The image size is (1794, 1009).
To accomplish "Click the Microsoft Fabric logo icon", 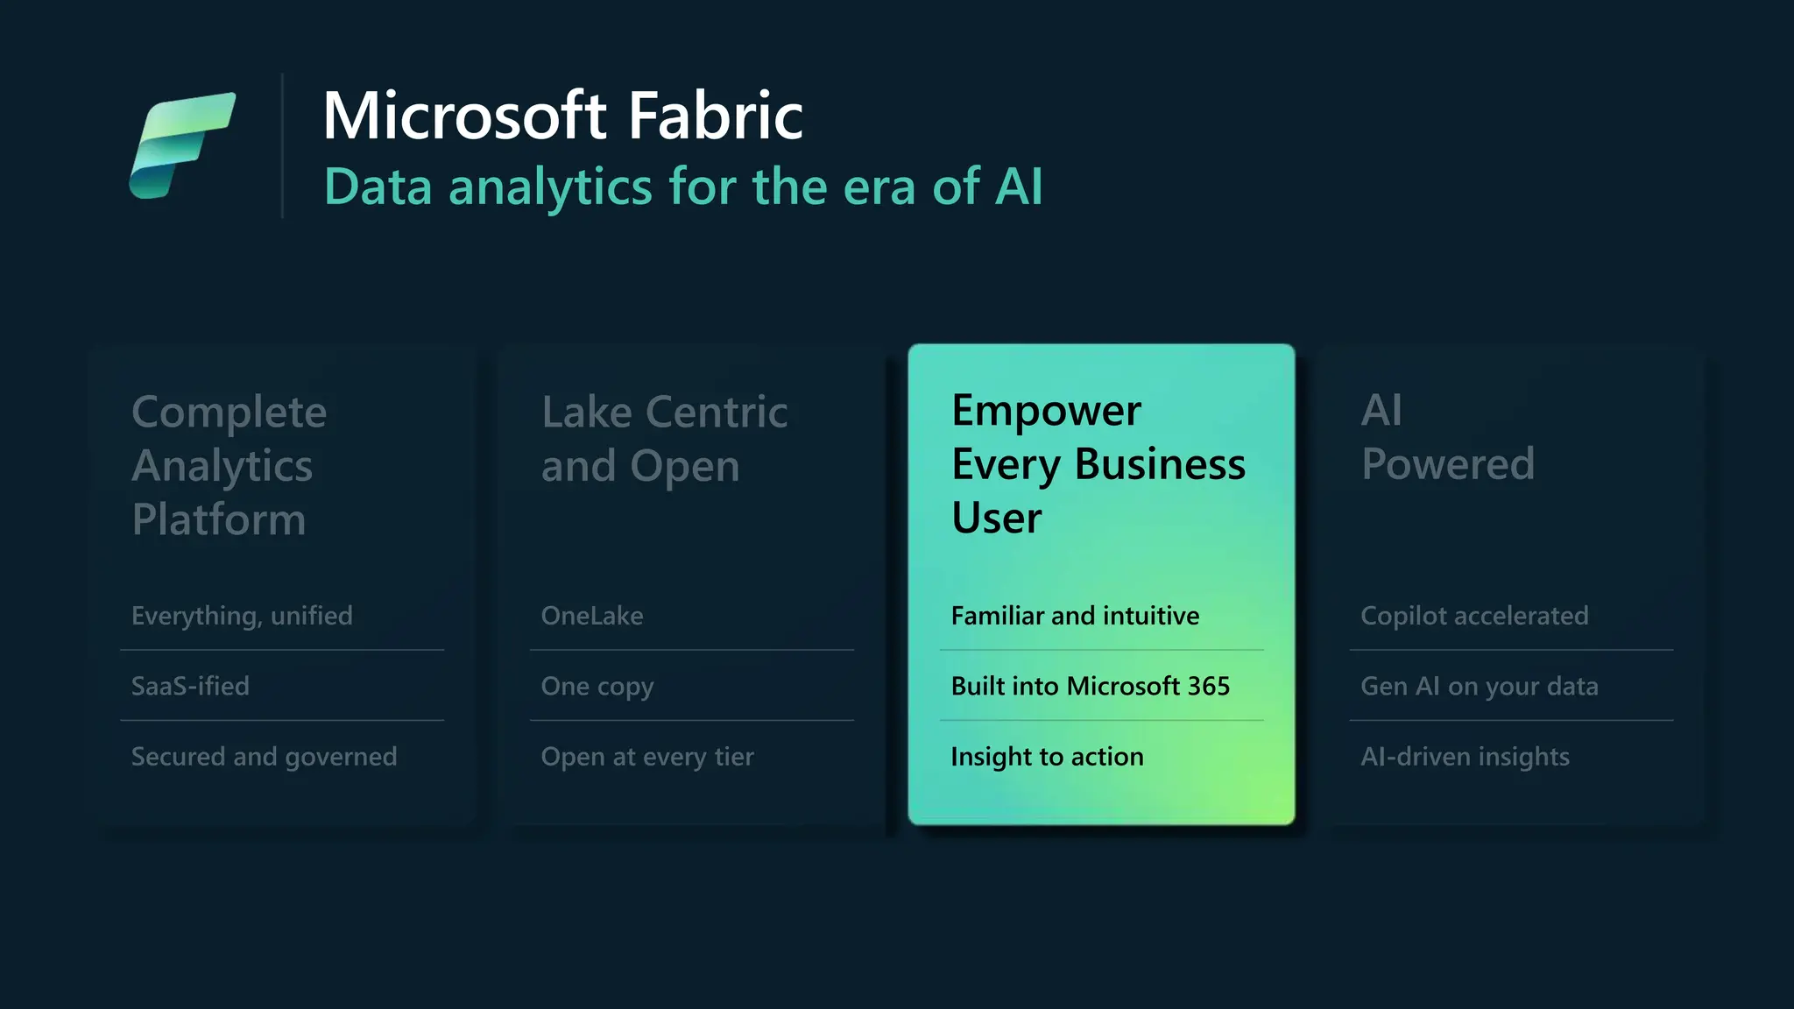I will (182, 145).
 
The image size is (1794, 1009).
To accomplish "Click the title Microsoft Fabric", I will (562, 116).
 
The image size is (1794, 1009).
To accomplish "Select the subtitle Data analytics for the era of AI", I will (683, 187).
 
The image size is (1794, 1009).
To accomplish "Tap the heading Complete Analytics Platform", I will (229, 465).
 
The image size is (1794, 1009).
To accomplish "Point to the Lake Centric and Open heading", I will (664, 439).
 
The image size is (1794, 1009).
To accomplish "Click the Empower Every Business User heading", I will (1098, 463).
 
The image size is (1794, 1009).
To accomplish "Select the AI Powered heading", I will (1447, 437).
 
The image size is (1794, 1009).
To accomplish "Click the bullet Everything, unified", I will (242, 616).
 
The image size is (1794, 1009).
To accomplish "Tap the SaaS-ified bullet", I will (190, 686).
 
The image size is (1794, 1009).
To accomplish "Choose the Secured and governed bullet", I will (264, 757).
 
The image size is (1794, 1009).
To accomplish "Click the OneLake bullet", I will (592, 616).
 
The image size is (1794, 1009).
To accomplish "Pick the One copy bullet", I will (597, 687).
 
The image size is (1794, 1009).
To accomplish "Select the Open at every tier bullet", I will (647, 757).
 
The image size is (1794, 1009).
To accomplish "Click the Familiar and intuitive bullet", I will (1075, 616).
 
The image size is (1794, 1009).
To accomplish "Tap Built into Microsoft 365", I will (1090, 686).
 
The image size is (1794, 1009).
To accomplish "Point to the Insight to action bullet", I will (1047, 757).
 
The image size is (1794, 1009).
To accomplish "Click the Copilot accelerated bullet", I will (1474, 616).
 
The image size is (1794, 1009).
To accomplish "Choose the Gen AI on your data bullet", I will (1479, 687).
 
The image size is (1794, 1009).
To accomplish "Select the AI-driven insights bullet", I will (1465, 757).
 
